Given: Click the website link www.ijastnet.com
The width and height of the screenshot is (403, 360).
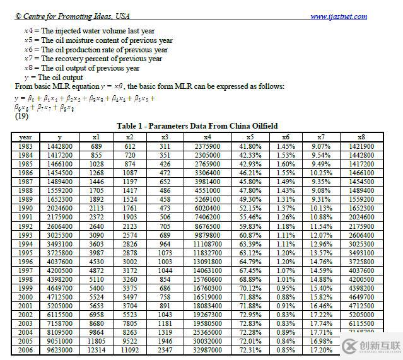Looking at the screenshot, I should point(338,17).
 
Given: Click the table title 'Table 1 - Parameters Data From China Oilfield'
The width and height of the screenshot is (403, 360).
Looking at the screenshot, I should point(197,125).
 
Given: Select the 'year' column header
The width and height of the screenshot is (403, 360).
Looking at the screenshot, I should point(25,137).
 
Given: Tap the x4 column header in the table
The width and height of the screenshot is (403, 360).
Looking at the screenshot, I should point(207,137).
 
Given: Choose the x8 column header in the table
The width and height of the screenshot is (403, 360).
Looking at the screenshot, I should point(361,137).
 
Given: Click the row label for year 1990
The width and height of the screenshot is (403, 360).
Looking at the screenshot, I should point(25,208).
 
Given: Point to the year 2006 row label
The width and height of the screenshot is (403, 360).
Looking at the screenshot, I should point(25,349).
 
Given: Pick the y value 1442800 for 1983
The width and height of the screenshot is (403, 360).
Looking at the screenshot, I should point(60,146).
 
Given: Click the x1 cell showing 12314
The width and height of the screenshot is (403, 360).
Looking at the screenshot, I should point(96,349).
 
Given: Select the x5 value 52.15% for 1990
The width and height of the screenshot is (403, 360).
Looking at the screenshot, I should point(250,208).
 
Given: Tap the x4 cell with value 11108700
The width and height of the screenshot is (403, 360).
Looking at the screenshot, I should point(207,243).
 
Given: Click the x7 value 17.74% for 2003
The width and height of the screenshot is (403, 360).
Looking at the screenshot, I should point(321,323).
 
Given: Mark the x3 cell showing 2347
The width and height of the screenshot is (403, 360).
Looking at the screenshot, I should point(165,349).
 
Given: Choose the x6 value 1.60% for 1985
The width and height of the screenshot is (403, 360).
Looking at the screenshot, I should point(286,164).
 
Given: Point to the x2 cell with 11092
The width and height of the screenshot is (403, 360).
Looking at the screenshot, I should point(129,349).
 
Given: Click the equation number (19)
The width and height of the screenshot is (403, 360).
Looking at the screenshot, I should point(21,116).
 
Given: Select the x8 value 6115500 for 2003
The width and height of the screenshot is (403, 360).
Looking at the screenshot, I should point(361,323).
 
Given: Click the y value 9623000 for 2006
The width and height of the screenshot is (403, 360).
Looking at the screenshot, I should point(60,349).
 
